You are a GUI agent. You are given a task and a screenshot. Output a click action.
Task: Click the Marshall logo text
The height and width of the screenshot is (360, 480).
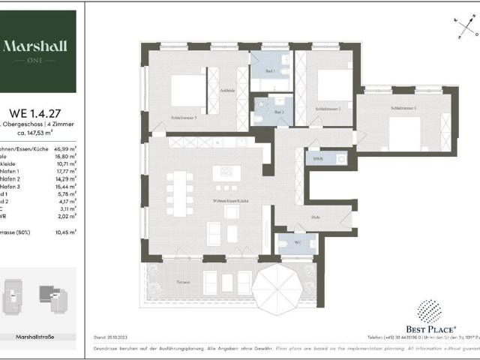37,46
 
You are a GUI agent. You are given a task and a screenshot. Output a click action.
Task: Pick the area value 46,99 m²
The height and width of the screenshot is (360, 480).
65,150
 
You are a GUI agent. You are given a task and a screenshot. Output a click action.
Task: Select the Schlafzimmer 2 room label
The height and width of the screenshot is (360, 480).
328,109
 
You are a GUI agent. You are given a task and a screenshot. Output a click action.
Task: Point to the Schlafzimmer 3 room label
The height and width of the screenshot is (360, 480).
184,118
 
